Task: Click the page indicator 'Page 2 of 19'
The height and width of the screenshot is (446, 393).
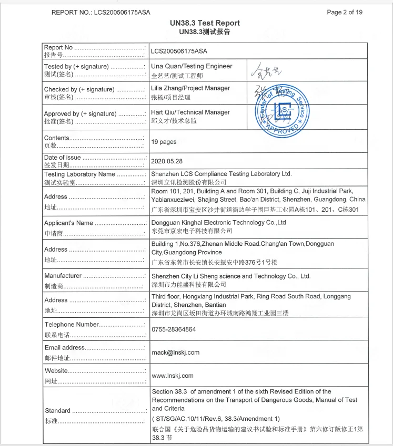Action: [x=345, y=12]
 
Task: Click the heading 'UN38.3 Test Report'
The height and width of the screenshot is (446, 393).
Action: [x=205, y=23]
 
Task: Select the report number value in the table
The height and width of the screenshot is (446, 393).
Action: [x=179, y=51]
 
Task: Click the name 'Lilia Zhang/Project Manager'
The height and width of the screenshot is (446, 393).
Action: [x=190, y=88]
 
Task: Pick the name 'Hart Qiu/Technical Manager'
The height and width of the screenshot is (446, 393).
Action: [x=190, y=112]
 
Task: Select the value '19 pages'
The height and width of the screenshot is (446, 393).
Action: [x=164, y=142]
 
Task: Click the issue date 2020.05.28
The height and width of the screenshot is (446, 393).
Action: [x=167, y=161]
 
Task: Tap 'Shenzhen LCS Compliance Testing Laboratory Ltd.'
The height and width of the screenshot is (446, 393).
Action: [x=221, y=174]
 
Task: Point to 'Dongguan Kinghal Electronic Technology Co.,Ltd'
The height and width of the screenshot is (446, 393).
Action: [x=218, y=223]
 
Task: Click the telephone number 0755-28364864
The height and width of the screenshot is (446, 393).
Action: [x=174, y=329]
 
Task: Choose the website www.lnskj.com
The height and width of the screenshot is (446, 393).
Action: [x=173, y=376]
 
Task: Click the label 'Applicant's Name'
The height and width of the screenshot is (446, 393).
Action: [x=68, y=223]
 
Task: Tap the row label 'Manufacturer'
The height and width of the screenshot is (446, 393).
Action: [x=63, y=276]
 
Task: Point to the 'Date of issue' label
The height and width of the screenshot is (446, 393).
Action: [x=63, y=158]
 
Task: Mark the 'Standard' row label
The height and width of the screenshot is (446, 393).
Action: [x=57, y=411]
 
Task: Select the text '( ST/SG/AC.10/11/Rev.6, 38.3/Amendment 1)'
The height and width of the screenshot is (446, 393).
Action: [x=216, y=419]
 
